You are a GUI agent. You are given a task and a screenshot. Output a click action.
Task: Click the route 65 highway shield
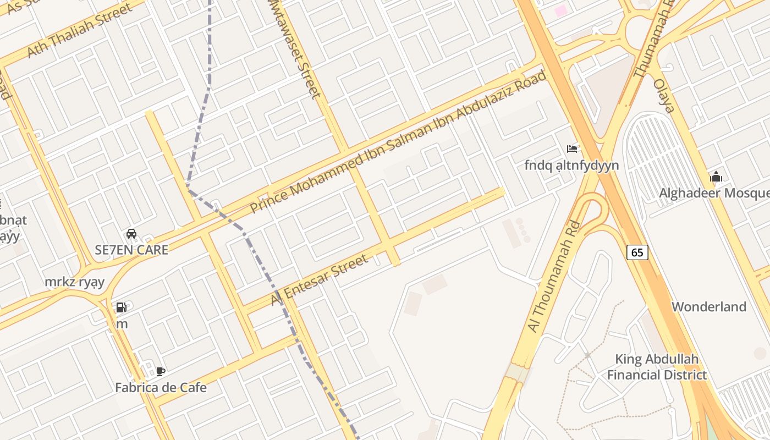(637, 252)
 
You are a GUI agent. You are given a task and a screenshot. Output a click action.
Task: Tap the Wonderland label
(709, 306)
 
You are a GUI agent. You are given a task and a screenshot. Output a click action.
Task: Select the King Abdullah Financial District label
(657, 367)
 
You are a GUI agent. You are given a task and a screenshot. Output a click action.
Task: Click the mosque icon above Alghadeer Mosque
(716, 177)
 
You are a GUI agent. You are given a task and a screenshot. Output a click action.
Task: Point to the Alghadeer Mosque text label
(714, 193)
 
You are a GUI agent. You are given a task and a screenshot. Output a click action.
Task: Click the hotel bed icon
(572, 148)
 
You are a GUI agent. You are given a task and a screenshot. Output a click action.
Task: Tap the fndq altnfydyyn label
(571, 165)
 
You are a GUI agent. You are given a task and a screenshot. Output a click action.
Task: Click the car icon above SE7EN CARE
(131, 233)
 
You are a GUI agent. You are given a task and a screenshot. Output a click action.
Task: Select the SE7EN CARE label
(131, 249)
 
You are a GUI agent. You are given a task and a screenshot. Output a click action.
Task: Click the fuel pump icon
(122, 307)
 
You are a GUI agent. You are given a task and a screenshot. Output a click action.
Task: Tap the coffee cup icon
(161, 371)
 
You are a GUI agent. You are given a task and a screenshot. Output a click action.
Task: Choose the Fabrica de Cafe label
(161, 387)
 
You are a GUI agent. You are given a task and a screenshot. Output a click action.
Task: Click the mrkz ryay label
(75, 282)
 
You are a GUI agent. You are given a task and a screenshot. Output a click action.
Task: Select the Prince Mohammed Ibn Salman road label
(398, 142)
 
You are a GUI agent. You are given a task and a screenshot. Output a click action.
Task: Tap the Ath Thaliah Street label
(80, 30)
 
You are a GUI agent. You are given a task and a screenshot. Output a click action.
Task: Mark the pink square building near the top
(560, 10)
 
